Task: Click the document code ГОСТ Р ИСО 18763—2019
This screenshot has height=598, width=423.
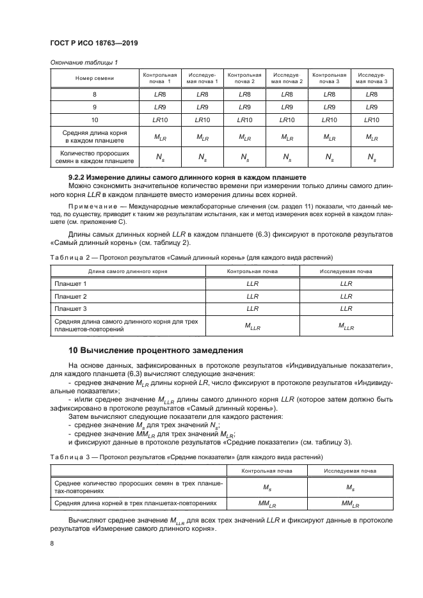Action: [x=94, y=43]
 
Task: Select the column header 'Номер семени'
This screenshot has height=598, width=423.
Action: [x=94, y=78]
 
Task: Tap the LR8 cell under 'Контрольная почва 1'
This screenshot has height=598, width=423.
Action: [x=159, y=95]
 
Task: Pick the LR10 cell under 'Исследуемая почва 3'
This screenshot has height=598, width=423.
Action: [x=371, y=120]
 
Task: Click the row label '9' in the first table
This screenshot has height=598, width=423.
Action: [x=94, y=107]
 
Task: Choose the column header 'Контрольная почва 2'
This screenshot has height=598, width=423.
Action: [x=244, y=78]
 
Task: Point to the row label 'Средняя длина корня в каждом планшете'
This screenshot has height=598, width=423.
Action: [x=94, y=136]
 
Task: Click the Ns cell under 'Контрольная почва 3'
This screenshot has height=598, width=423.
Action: [x=329, y=157]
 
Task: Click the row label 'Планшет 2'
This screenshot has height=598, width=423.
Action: [x=71, y=297]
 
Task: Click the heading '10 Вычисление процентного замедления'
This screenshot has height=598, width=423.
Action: [x=156, y=350]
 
